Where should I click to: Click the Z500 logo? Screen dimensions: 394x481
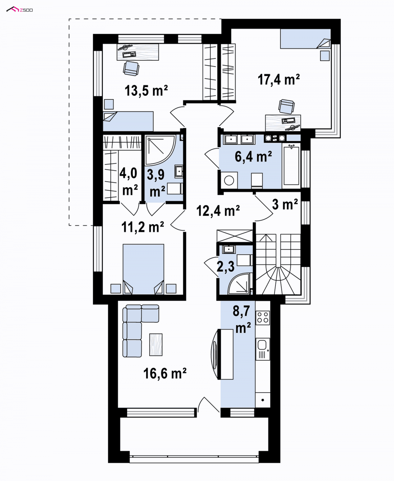20,10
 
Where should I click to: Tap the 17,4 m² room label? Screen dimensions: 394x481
278,79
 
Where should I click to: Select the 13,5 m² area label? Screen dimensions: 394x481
146,90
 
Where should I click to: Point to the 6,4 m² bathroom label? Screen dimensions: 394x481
253,157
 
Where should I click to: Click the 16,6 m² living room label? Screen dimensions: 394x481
165,373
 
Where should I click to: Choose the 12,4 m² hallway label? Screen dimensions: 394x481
218,210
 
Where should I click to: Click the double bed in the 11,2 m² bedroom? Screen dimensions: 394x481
143,269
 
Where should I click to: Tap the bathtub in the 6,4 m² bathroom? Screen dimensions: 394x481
291,166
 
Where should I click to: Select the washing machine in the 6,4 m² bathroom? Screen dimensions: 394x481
229,180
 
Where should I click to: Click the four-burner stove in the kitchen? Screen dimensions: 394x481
263,317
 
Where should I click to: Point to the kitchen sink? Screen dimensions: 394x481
263,349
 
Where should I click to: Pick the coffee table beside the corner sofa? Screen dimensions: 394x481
156,345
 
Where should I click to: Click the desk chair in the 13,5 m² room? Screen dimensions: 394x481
131,68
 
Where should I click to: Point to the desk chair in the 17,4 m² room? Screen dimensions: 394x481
286,106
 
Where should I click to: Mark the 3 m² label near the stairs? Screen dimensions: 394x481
285,204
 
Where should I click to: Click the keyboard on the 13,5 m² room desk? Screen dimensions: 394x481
129,54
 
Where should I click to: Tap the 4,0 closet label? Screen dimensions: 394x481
128,181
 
